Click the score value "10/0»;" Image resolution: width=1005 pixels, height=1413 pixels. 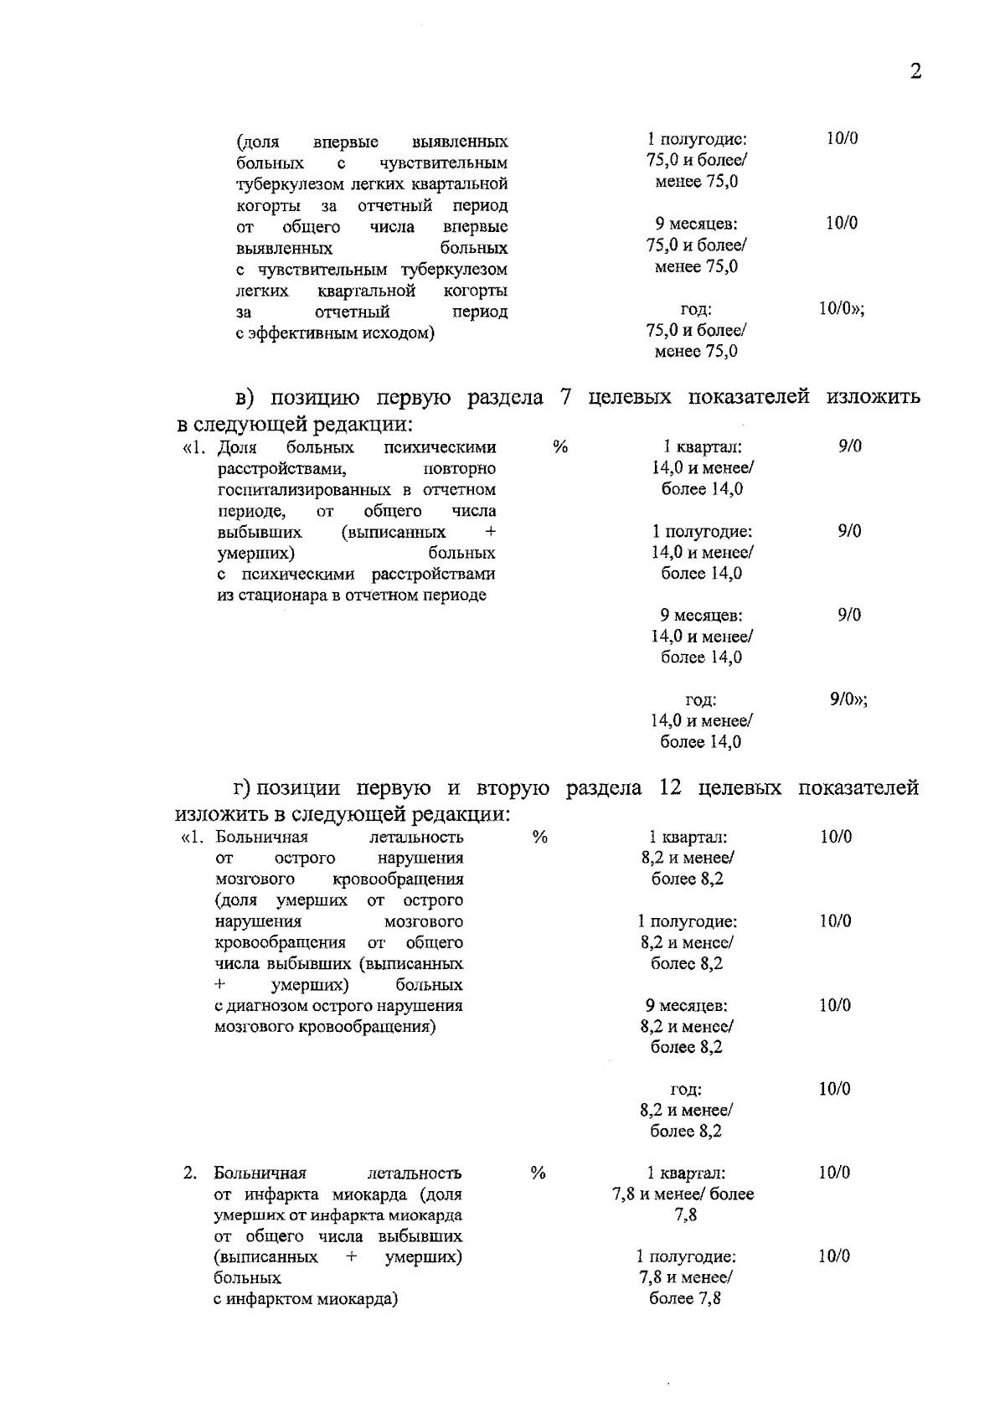pos(841,309)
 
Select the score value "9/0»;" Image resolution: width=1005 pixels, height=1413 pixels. pos(848,699)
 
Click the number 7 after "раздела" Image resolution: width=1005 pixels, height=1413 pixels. pos(566,396)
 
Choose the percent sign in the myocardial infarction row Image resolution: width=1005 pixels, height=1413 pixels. pos(539,1173)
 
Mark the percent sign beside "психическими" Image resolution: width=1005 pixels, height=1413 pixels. pos(560,446)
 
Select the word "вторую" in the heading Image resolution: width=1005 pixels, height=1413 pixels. pos(513,788)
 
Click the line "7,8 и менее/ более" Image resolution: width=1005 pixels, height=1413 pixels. pos(683,1194)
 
